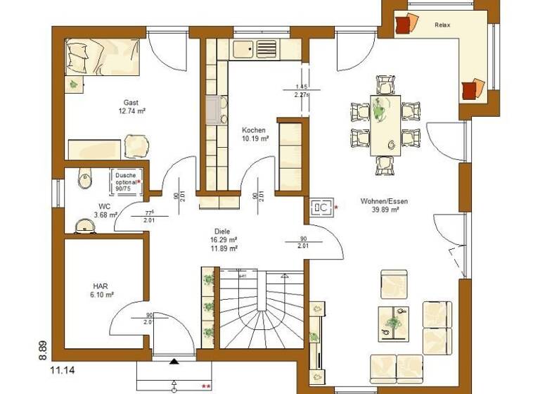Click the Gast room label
click(x=131, y=102)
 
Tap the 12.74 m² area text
click(x=131, y=111)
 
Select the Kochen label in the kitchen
click(x=253, y=130)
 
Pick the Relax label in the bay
click(x=442, y=25)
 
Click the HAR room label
click(x=100, y=286)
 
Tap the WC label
click(x=104, y=206)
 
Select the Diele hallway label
click(x=223, y=231)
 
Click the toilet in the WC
click(x=82, y=179)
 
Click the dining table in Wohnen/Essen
click(x=385, y=125)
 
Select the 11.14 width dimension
click(x=63, y=368)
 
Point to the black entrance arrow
click(x=174, y=362)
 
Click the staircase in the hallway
click(x=262, y=310)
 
